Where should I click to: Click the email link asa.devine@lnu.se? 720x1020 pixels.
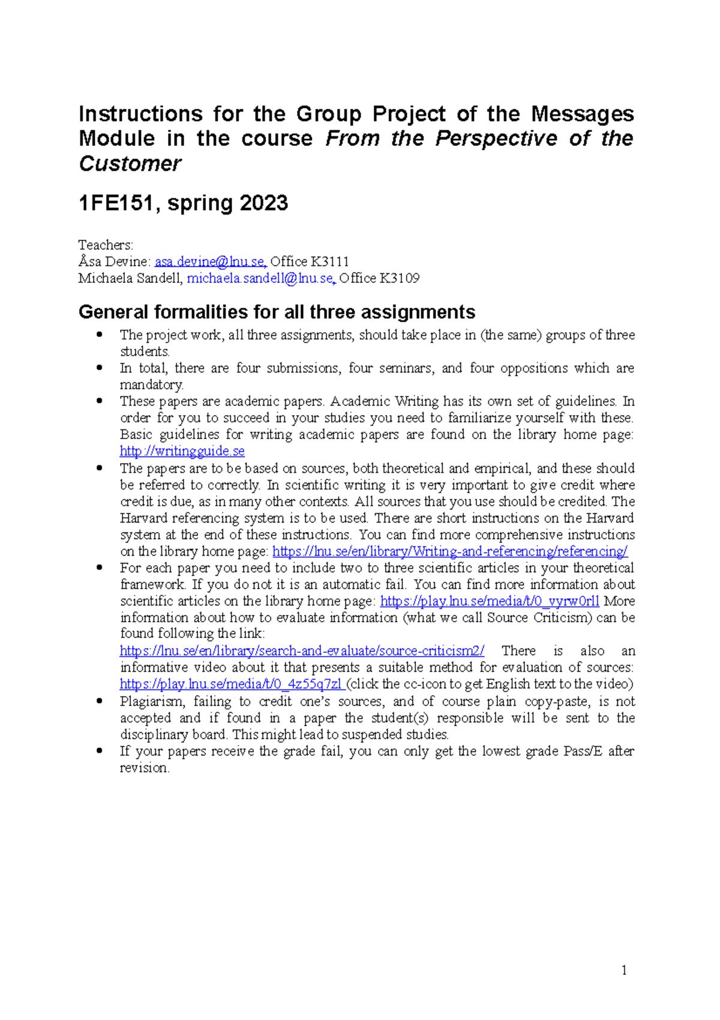point(210,262)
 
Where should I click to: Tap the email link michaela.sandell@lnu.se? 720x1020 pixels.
point(260,278)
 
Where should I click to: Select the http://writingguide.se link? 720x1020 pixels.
point(182,451)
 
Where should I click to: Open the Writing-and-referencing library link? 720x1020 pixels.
point(449,551)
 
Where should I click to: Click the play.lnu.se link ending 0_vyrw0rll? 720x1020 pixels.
point(490,601)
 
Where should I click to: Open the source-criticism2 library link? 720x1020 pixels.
point(302,651)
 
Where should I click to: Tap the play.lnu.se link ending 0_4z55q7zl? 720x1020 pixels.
point(231,684)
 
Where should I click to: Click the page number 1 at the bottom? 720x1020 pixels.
point(624,970)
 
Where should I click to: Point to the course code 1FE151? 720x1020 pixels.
point(116,204)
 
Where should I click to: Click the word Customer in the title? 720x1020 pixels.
point(130,163)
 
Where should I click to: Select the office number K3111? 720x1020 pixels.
point(329,262)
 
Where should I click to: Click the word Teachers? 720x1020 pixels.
point(106,245)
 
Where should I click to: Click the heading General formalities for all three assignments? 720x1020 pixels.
point(277,312)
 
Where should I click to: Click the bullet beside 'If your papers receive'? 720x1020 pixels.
point(100,751)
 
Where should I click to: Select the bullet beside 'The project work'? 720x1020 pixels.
point(100,335)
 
